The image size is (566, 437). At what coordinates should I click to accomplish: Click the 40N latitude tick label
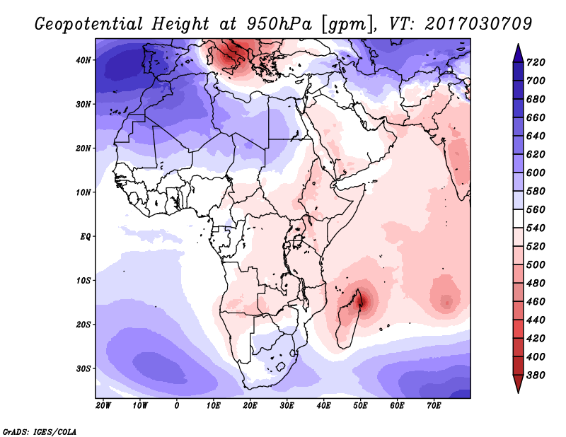pyautogui.click(x=83, y=60)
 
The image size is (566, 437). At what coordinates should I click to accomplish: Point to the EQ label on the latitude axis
pyautogui.click(x=86, y=237)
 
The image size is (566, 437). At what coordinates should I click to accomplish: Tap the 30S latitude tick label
pyautogui.click(x=83, y=369)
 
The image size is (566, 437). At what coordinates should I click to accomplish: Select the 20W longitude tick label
pyautogui.click(x=103, y=406)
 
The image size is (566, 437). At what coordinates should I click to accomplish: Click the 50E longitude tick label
pyautogui.click(x=360, y=406)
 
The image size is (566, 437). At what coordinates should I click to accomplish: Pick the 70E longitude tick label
pyautogui.click(x=434, y=406)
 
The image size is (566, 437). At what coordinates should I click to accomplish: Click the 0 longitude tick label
pyautogui.click(x=176, y=406)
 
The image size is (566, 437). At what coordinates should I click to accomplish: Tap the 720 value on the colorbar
pyautogui.click(x=536, y=62)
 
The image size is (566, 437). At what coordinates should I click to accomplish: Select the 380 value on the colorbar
pyautogui.click(x=536, y=375)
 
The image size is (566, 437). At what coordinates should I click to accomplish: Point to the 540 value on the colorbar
pyautogui.click(x=536, y=228)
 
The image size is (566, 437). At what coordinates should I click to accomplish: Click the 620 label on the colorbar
pyautogui.click(x=536, y=154)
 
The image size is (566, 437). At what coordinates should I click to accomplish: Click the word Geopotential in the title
pyautogui.click(x=89, y=25)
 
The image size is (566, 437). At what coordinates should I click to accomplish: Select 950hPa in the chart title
pyautogui.click(x=279, y=24)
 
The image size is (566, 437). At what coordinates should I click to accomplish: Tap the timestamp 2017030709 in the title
pyautogui.click(x=478, y=24)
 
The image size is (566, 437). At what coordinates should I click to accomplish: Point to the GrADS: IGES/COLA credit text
pyautogui.click(x=40, y=432)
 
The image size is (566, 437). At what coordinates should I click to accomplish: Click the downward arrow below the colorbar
pyautogui.click(x=518, y=384)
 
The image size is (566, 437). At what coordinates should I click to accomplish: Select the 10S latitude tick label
pyautogui.click(x=83, y=281)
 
